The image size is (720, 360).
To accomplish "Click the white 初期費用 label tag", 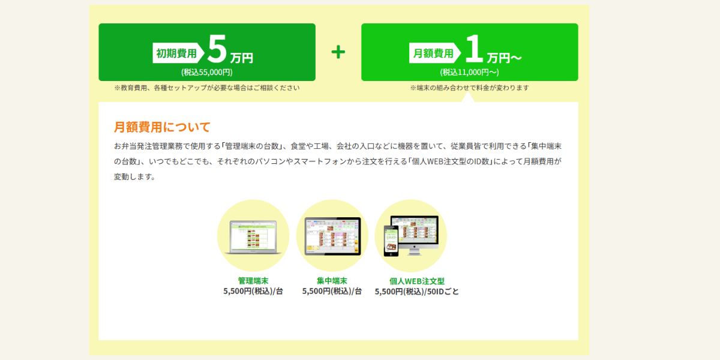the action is click(x=178, y=53).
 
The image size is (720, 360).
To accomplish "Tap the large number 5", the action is click(x=217, y=49).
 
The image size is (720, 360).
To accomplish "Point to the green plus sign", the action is click(x=338, y=52).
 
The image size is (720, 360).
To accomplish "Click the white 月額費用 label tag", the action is click(x=435, y=53).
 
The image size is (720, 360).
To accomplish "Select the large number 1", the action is click(x=474, y=49).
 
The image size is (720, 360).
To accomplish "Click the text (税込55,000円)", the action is click(x=206, y=73).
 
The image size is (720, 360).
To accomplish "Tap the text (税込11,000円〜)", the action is click(x=469, y=73).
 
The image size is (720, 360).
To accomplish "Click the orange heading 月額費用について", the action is click(x=162, y=127).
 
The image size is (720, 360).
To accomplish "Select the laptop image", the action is click(x=253, y=237).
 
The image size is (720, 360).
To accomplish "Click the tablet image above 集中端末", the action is click(x=332, y=236).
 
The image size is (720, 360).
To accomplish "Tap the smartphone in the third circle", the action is click(x=391, y=241).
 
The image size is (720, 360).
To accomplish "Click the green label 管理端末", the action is click(x=253, y=281).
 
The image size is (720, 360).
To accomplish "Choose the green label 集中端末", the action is click(x=332, y=281).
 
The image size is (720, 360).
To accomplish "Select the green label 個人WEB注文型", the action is click(x=417, y=281).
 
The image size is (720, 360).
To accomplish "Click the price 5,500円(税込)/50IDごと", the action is click(x=417, y=292).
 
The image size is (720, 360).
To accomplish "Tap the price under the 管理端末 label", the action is click(x=253, y=291).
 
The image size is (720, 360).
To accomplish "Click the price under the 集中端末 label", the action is click(x=332, y=291).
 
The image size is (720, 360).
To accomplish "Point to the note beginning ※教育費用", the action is click(x=206, y=88).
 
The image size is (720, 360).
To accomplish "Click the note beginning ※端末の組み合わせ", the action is click(x=469, y=88).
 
